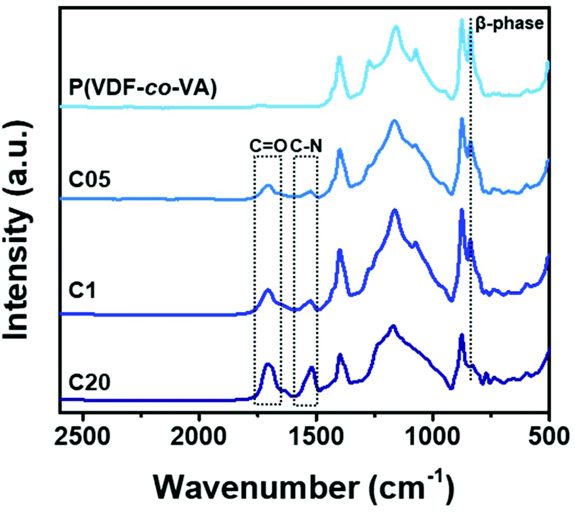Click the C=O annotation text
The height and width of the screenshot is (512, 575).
[x=268, y=146]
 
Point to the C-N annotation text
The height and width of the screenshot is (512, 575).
[x=306, y=146]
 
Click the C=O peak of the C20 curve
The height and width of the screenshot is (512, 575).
[x=268, y=364]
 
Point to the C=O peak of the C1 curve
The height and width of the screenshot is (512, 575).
[x=268, y=289]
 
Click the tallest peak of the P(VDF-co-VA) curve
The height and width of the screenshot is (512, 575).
[x=462, y=20]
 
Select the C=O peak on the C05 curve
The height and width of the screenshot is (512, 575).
[x=268, y=186]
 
